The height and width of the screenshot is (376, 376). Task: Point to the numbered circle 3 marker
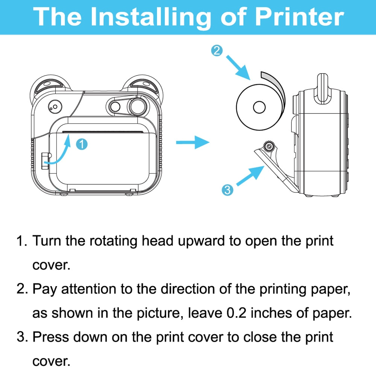tap(227, 190)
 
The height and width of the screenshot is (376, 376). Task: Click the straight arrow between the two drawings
tap(192, 143)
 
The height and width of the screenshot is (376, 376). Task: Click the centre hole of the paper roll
tap(258, 107)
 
